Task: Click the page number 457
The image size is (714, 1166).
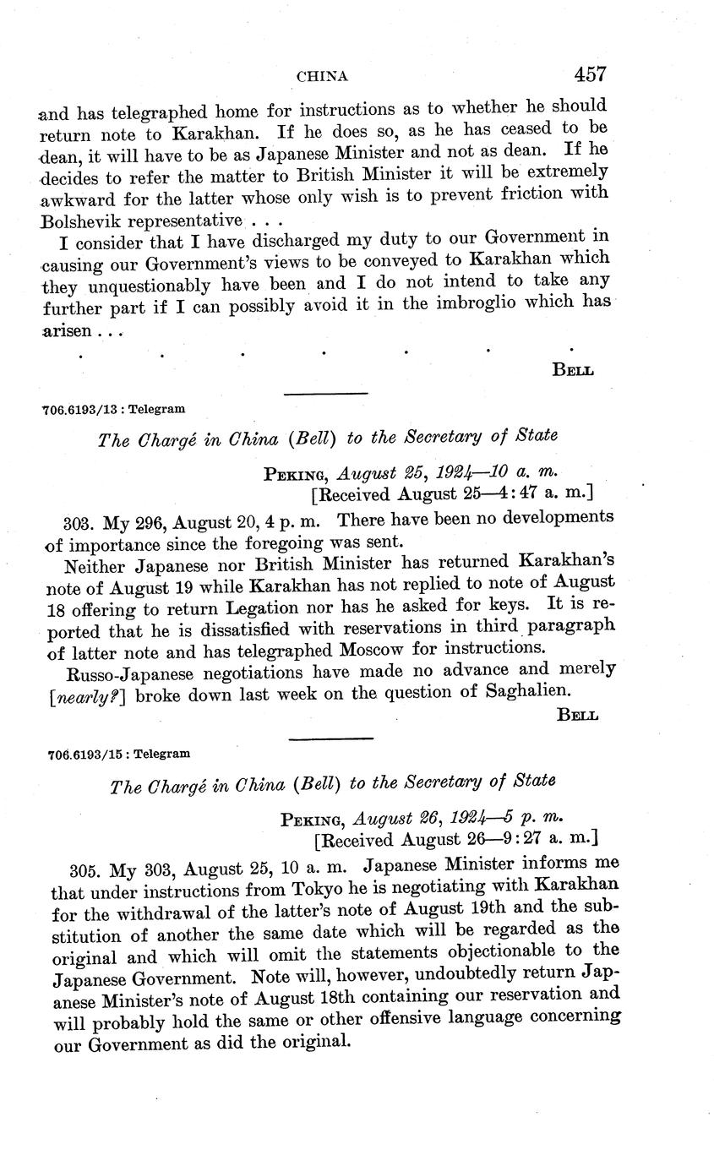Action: (590, 74)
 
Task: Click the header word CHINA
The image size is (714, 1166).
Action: (322, 77)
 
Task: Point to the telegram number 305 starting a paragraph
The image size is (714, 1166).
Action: (84, 865)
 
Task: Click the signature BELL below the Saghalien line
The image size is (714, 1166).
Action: (578, 716)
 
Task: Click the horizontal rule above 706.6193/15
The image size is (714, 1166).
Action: (330, 738)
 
